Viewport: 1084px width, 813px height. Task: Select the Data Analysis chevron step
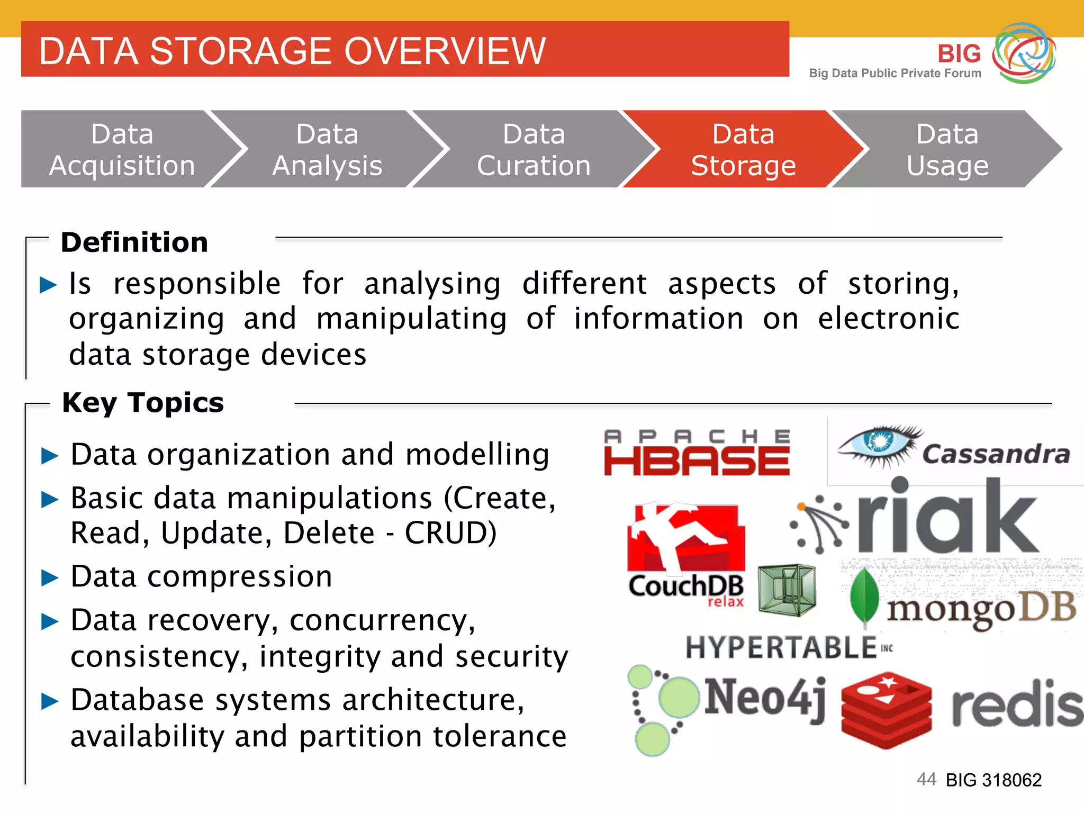pos(327,149)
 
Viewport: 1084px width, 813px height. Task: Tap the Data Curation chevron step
pos(534,149)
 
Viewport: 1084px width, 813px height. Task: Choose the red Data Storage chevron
pos(743,149)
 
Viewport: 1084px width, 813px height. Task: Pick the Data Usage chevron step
pos(947,149)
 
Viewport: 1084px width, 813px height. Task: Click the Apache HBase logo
pos(697,454)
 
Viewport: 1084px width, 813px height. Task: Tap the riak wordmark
pos(947,519)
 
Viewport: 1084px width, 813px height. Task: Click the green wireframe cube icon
pos(787,590)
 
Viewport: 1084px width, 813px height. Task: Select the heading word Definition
pos(134,242)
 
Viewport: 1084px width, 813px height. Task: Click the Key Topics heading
pos(143,402)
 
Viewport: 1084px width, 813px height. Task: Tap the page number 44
pos(926,779)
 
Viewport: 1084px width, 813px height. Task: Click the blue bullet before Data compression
pos(50,577)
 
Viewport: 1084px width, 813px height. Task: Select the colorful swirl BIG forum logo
pos(1024,53)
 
